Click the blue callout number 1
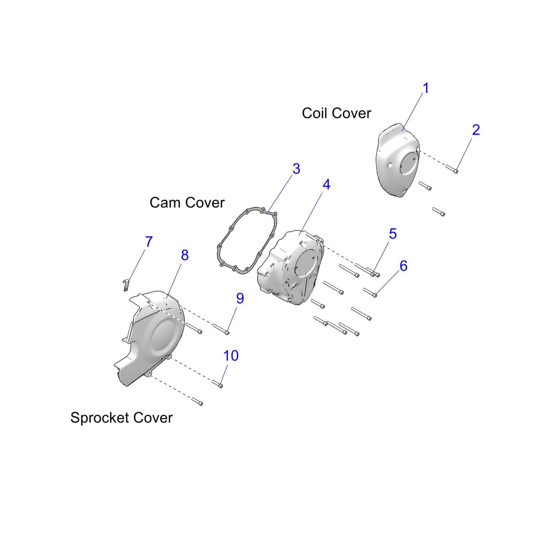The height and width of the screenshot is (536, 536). tap(426, 88)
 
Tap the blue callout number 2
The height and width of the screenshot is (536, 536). tap(476, 130)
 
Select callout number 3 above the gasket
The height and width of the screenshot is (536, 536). tap(296, 169)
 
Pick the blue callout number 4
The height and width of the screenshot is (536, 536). tap(326, 185)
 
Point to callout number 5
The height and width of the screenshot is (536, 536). tap(393, 234)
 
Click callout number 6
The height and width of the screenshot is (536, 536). tap(403, 266)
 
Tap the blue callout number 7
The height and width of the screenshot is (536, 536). tap(149, 242)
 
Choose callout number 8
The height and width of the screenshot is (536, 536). tap(185, 255)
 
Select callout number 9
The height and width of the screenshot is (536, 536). tap(240, 298)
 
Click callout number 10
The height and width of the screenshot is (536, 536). tap(231, 355)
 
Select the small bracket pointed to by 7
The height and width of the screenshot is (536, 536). tap(126, 285)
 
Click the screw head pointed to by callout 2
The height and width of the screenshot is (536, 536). tap(456, 171)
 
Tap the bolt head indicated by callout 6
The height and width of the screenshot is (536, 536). tap(375, 295)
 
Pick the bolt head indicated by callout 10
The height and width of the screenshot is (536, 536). tap(221, 386)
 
